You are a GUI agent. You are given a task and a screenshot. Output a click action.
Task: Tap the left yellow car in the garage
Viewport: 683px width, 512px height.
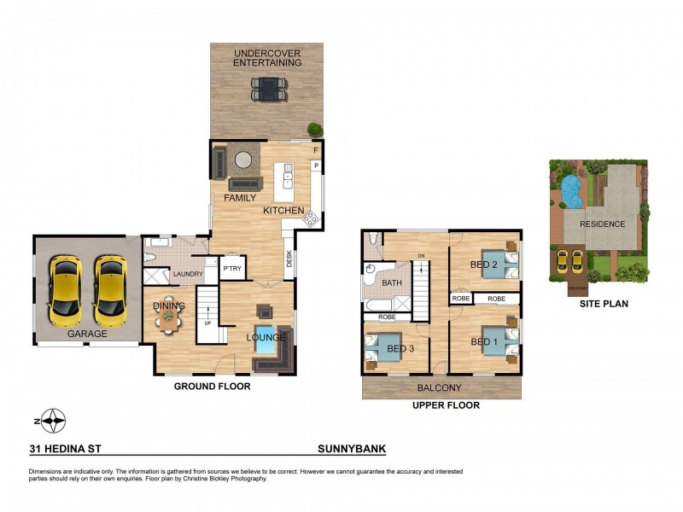click(65, 290)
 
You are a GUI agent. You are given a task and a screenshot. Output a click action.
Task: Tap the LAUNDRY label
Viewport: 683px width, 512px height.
click(188, 274)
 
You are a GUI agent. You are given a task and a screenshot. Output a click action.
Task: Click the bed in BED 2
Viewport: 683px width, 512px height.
click(495, 264)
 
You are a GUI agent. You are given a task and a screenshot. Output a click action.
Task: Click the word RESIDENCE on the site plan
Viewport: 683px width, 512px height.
click(603, 224)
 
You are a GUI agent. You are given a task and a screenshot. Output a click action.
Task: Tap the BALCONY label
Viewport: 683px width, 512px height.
click(441, 388)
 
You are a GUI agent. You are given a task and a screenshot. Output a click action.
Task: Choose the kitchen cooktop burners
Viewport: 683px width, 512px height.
click(311, 218)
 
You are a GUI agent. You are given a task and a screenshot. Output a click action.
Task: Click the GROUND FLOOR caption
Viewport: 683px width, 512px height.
click(213, 387)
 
